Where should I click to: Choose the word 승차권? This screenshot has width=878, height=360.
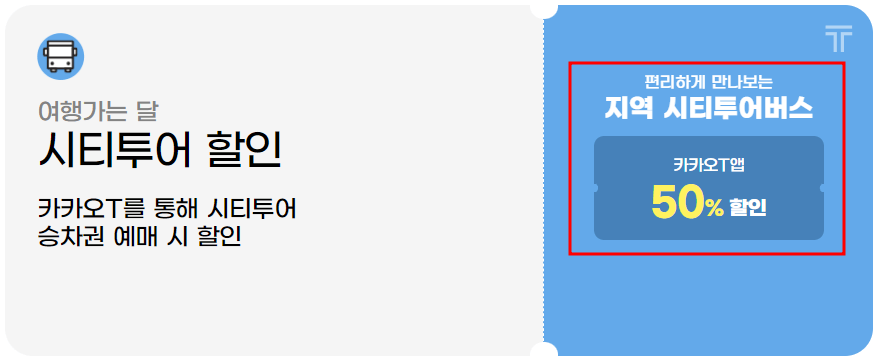click(67, 237)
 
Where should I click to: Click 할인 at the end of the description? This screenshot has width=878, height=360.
click(220, 237)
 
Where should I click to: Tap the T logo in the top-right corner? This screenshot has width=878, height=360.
click(839, 39)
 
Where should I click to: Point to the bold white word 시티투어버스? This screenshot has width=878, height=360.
click(737, 108)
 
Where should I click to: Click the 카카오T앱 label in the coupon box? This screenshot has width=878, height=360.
click(708, 166)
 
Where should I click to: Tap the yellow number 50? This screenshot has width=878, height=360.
click(677, 203)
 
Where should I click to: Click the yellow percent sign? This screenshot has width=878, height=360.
click(713, 207)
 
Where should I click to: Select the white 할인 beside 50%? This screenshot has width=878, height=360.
click(747, 207)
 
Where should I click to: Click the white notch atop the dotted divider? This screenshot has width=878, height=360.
click(544, 8)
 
